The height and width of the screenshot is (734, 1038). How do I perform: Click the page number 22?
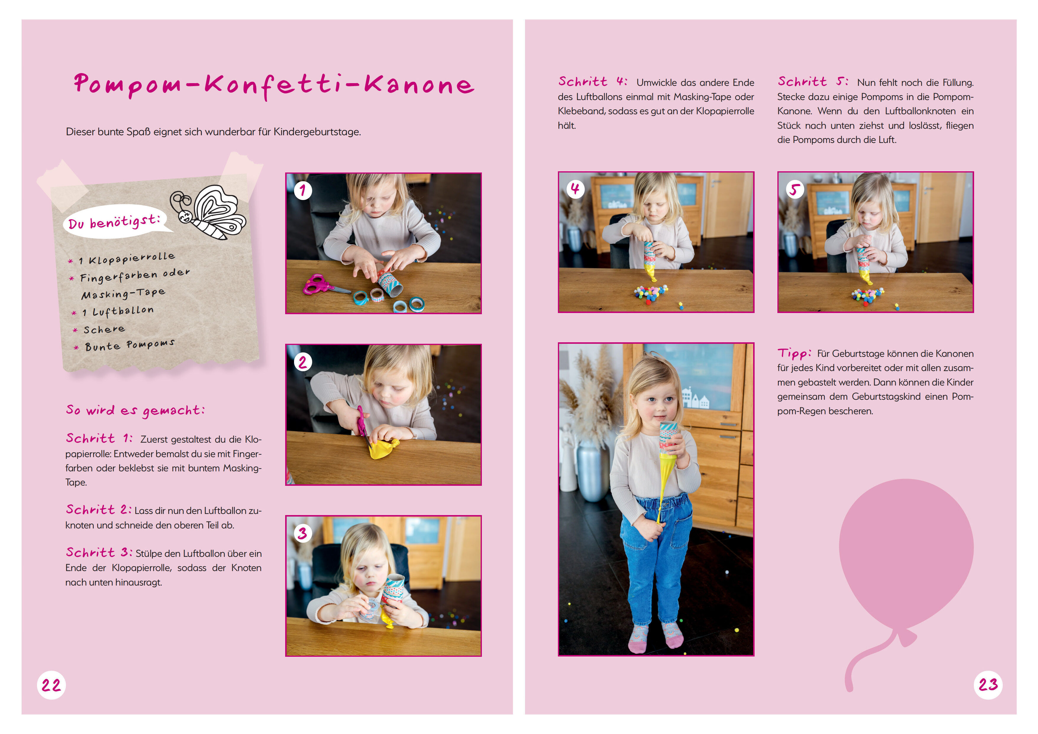(51, 685)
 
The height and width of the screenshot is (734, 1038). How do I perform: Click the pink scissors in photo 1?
(324, 285)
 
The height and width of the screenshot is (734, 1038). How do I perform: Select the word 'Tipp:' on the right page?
(794, 353)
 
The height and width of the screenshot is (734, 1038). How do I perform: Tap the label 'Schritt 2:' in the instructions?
(99, 510)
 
